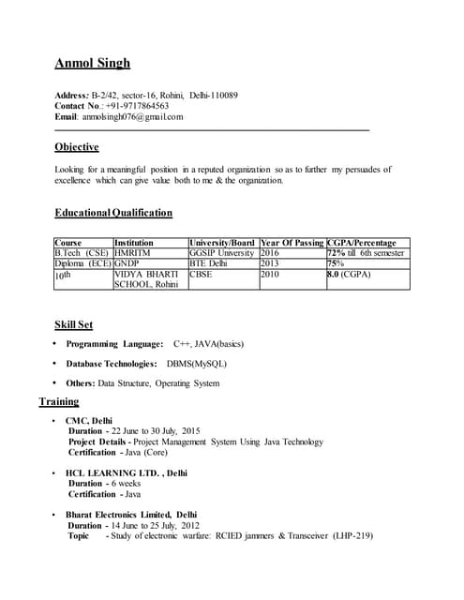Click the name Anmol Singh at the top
pos(92,64)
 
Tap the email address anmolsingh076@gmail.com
pos(132,117)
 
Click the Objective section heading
pos(76,147)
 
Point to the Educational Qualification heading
pos(113,213)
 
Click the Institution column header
pos(133,243)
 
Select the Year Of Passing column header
pos(292,243)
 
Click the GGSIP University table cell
pos(221,253)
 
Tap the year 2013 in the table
pos(270,263)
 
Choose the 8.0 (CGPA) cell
pos(349,275)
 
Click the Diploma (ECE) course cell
pos(82,263)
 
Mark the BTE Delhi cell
pos(208,263)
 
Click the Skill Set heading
pos(73,324)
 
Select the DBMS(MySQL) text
pos(196,364)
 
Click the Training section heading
pos(58,402)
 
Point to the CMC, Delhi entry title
pos(88,421)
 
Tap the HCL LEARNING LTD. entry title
pos(126,473)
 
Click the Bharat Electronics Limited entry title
pos(130,516)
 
